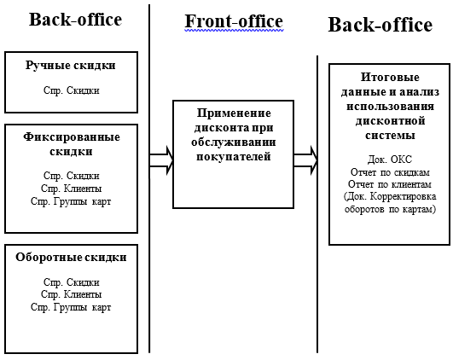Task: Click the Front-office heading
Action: point(234,21)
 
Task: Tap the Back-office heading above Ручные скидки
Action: point(75,20)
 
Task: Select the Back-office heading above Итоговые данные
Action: point(380,25)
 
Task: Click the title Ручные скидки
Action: point(71,66)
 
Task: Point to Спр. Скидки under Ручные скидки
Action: point(72,90)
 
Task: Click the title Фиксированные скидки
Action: point(72,144)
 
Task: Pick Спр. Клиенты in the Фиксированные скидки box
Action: point(72,189)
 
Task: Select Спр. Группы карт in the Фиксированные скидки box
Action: point(71,201)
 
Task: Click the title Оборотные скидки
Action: point(71,257)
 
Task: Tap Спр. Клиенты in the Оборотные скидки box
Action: point(72,294)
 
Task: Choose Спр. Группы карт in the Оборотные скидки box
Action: point(71,307)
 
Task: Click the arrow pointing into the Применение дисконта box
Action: point(161,160)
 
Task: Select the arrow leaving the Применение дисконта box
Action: point(305,160)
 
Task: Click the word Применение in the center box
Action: point(234,113)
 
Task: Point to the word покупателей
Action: point(234,157)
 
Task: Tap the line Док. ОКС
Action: point(390,160)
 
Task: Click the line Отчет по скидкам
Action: point(390,172)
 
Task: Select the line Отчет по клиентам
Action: point(390,184)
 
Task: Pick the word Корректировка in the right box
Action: point(403,196)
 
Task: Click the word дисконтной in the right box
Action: point(391,121)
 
